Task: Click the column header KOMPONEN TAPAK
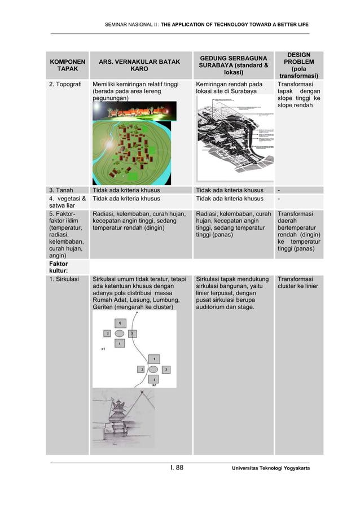click(68, 65)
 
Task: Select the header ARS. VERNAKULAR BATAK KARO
click(140, 65)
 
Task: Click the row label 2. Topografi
click(64, 84)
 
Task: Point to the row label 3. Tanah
click(61, 190)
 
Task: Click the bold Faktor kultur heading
click(58, 267)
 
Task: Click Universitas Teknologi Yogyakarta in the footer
click(269, 468)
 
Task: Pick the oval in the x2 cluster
click(153, 369)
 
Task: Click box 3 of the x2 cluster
click(165, 369)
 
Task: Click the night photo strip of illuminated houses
click(134, 111)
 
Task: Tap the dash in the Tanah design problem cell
click(279, 190)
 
